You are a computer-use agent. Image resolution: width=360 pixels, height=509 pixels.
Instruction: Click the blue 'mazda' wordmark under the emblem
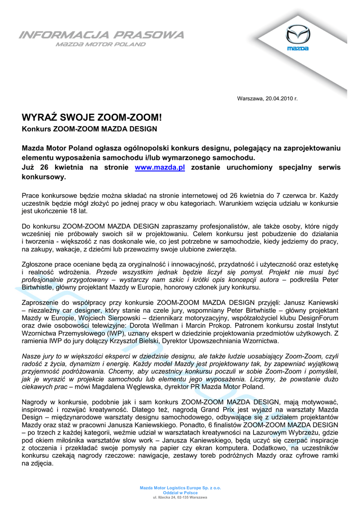(x=297, y=48)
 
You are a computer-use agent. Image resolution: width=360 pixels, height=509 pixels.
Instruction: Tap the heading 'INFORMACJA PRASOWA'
(x=101, y=35)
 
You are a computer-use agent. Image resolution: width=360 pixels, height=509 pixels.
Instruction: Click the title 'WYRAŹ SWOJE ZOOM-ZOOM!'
(x=92, y=118)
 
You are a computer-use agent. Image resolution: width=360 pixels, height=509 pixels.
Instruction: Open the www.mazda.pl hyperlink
(x=160, y=168)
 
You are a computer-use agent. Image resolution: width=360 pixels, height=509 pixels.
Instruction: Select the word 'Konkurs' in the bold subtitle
(x=36, y=129)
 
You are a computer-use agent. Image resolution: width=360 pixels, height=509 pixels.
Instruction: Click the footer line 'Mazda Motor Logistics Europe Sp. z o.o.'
(x=180, y=488)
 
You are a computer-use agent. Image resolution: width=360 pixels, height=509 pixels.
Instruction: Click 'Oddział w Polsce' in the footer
(x=180, y=493)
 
